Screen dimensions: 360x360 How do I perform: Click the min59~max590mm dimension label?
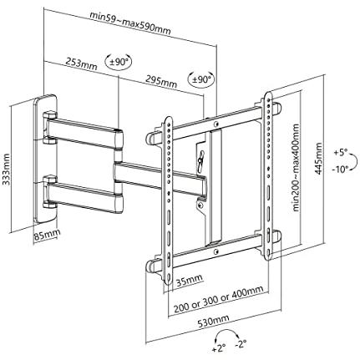coord(130,23)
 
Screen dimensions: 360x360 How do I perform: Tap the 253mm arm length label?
coord(81,63)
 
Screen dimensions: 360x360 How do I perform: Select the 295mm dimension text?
coord(161,81)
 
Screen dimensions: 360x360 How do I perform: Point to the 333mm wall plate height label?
coord(6,170)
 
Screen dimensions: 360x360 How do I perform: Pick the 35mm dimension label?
coord(189,281)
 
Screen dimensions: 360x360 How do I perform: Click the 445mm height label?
coord(318,159)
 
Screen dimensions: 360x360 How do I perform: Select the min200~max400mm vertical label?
coord(296,168)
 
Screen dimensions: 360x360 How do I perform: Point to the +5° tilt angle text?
coord(341,153)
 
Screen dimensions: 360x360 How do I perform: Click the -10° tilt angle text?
coord(340,169)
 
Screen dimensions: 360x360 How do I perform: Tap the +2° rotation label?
coord(219,348)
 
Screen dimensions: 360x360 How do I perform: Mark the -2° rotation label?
coord(241,344)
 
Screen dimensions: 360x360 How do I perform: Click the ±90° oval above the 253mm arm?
coord(118,62)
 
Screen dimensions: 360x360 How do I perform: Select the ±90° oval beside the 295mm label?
coord(202,80)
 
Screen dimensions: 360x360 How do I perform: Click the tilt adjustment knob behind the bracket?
coord(201,161)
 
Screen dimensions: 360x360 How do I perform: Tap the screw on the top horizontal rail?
coord(216,123)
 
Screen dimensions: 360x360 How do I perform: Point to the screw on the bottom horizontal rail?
coord(215,251)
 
